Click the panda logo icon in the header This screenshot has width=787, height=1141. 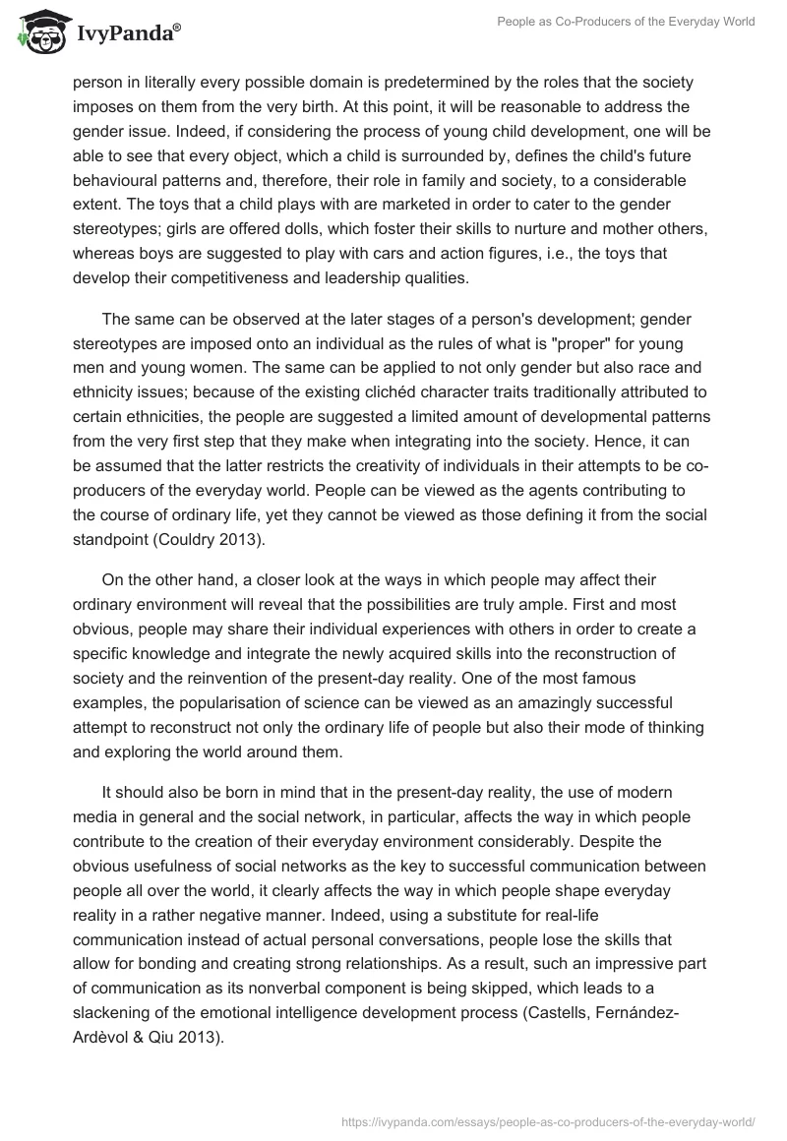coord(36,32)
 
